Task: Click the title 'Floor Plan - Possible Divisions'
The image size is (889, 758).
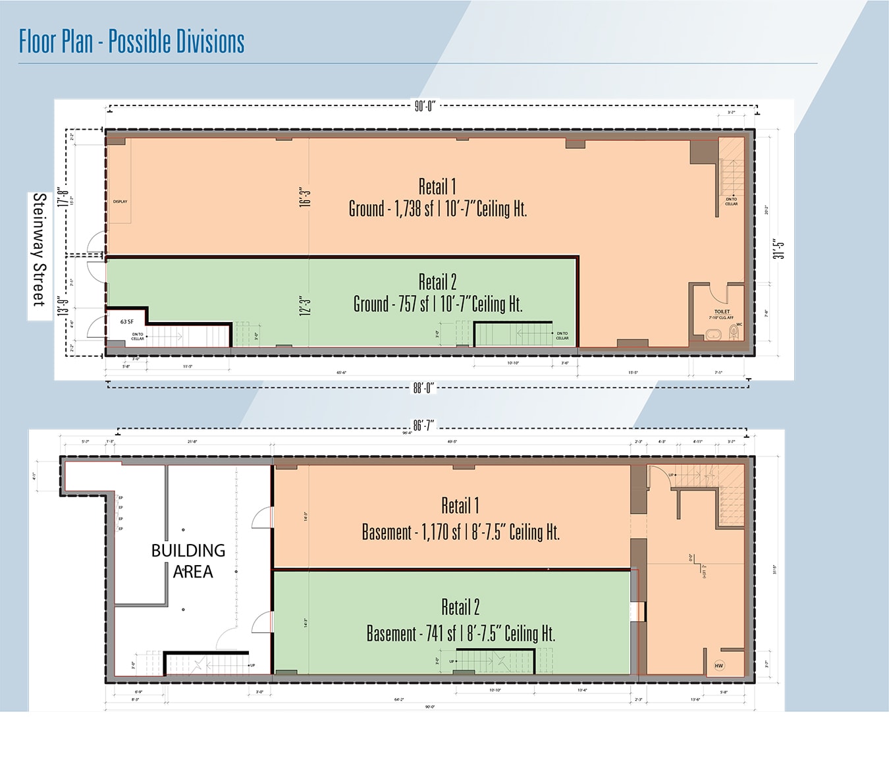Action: click(x=132, y=41)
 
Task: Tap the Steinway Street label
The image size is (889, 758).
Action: click(x=40, y=250)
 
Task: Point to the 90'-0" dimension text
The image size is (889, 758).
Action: click(x=425, y=106)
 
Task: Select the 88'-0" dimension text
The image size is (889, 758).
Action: click(x=423, y=388)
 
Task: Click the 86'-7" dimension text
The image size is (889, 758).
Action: click(x=423, y=425)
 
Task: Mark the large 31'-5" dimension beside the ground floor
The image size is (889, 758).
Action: click(x=780, y=249)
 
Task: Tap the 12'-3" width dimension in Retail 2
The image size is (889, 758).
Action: click(x=305, y=306)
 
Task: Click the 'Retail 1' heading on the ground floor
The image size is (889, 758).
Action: click(x=437, y=186)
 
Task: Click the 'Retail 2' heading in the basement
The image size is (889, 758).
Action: click(x=460, y=607)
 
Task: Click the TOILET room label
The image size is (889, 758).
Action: click(x=722, y=311)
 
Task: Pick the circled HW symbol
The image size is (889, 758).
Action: click(x=719, y=666)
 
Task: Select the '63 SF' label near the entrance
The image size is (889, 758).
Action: click(x=127, y=322)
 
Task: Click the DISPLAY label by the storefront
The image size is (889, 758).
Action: click(x=120, y=202)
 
